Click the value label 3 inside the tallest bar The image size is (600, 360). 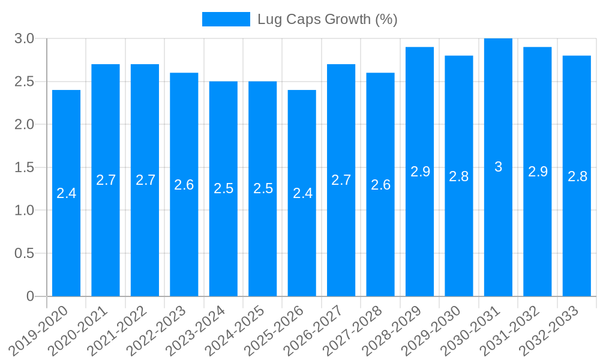pos(498,167)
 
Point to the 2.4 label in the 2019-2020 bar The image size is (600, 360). pos(66,193)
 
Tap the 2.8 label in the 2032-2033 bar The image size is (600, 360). pos(577,176)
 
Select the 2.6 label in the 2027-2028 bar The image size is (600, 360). pos(380,185)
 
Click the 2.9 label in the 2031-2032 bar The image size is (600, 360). pos(538,172)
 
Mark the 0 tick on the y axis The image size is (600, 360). pos(30,296)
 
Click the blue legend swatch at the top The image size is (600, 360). pos(226,19)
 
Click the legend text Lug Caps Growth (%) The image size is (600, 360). pos(327,19)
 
